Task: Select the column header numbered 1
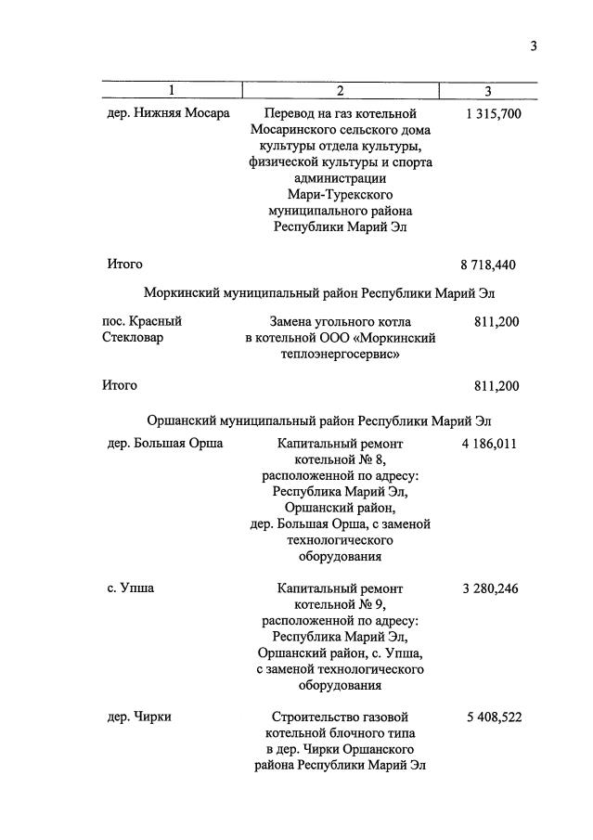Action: pos(171,90)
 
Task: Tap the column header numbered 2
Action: pos(340,90)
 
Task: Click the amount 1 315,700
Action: pos(492,113)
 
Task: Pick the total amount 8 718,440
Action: pos(487,265)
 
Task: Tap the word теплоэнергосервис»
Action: pos(340,355)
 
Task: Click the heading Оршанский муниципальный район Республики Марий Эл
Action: pos(319,415)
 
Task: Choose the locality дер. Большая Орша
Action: pos(165,444)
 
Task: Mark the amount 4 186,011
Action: pos(488,444)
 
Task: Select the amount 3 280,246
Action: pos(488,588)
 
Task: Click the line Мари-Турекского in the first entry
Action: pos(340,194)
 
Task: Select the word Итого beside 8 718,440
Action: pos(125,265)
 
